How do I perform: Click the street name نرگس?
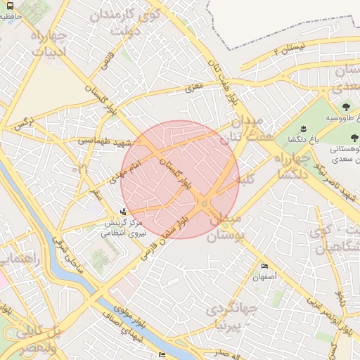point(23,124)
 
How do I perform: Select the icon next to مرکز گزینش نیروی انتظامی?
point(124,211)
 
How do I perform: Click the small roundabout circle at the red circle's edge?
point(204,204)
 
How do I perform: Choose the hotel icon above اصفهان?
point(264,266)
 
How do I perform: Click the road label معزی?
point(193,89)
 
